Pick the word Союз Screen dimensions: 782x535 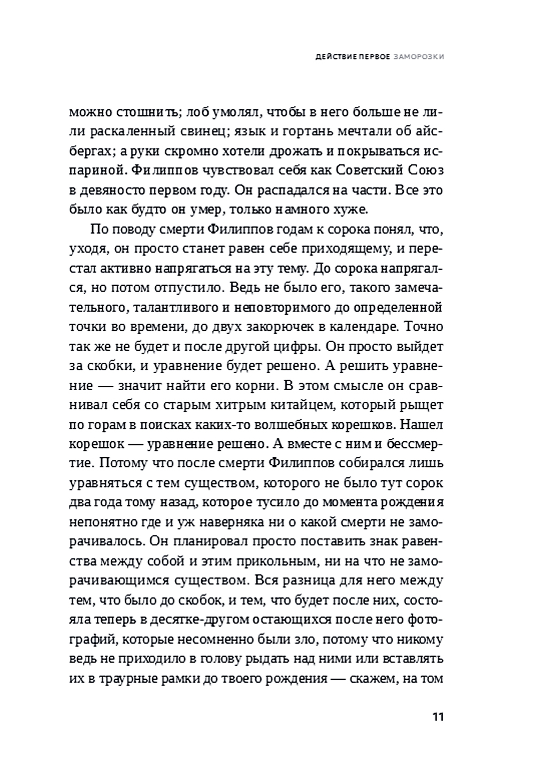426,171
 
